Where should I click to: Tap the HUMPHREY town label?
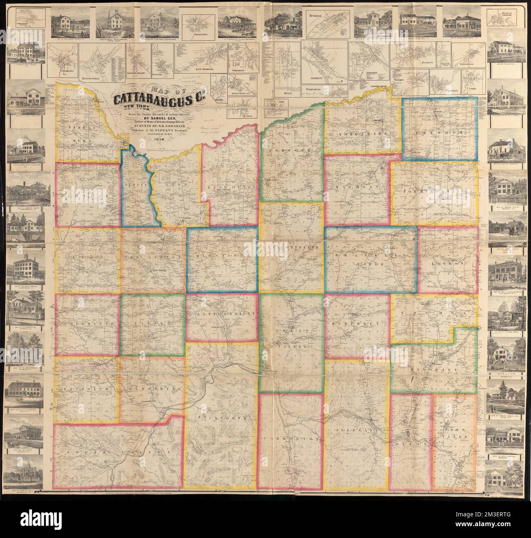click(x=359, y=323)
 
